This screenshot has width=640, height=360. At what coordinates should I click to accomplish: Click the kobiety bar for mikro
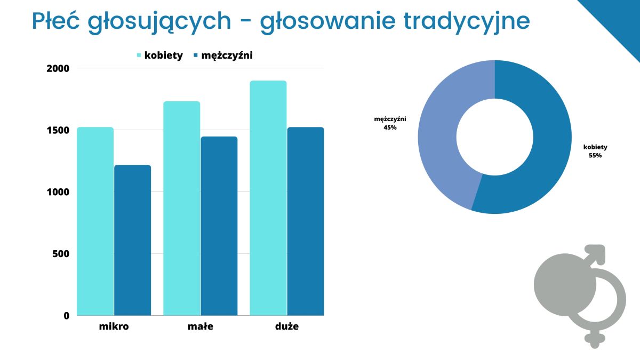(95, 221)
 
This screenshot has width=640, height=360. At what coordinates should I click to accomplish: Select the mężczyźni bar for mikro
(133, 240)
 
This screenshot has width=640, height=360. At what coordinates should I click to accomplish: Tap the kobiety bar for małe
(182, 209)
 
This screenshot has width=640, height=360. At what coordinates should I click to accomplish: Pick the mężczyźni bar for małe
(219, 226)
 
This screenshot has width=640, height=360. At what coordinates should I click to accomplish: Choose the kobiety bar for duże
(268, 198)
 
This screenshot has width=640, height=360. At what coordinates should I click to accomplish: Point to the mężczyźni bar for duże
(306, 221)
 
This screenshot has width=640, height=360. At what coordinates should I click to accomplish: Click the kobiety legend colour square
(139, 55)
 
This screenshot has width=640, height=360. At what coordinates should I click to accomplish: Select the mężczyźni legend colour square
(196, 55)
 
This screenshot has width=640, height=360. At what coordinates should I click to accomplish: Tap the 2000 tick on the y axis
(58, 69)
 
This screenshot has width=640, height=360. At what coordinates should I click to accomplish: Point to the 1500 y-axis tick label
(58, 130)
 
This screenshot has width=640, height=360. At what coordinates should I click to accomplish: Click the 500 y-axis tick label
(61, 254)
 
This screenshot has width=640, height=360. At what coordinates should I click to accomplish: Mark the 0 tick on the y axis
(67, 316)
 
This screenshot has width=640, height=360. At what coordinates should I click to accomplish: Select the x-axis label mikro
(114, 326)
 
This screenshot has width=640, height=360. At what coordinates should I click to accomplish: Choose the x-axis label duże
(287, 326)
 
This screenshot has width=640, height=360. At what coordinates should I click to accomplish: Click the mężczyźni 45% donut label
(390, 123)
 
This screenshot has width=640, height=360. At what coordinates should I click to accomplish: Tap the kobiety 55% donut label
(595, 151)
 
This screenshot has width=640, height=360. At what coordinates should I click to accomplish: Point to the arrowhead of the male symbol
(597, 253)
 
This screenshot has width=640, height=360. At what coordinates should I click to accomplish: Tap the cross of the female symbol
(595, 339)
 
